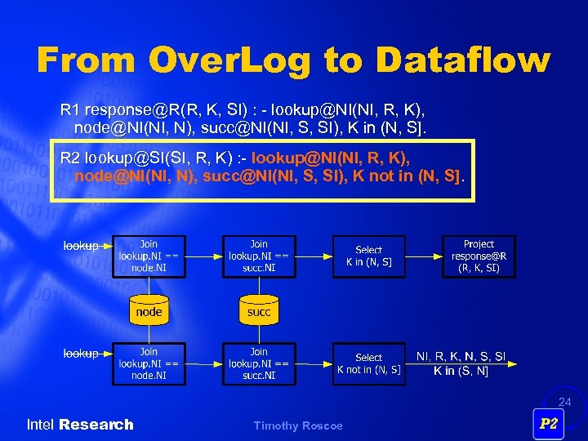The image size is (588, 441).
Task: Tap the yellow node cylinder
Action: point(149,310)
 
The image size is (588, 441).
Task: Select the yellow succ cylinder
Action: point(258,310)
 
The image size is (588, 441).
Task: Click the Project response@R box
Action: point(479,256)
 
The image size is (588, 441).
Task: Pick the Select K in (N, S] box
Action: point(368,256)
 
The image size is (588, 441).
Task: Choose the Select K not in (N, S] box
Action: point(368,363)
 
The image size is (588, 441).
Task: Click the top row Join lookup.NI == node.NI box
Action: point(149,256)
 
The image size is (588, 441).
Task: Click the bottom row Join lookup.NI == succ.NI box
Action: point(258,363)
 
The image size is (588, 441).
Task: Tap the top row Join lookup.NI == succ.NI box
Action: point(258,256)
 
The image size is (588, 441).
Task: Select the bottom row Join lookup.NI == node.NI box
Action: point(149,363)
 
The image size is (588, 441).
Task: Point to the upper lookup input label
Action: point(81,246)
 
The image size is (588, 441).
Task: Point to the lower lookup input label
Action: point(81,354)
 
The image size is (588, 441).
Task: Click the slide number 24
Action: point(565,402)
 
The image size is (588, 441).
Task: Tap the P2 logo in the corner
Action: point(549,424)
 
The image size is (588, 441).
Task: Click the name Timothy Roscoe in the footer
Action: point(298,425)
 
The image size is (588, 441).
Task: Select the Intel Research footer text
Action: point(80,425)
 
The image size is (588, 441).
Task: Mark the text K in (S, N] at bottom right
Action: point(461,371)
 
